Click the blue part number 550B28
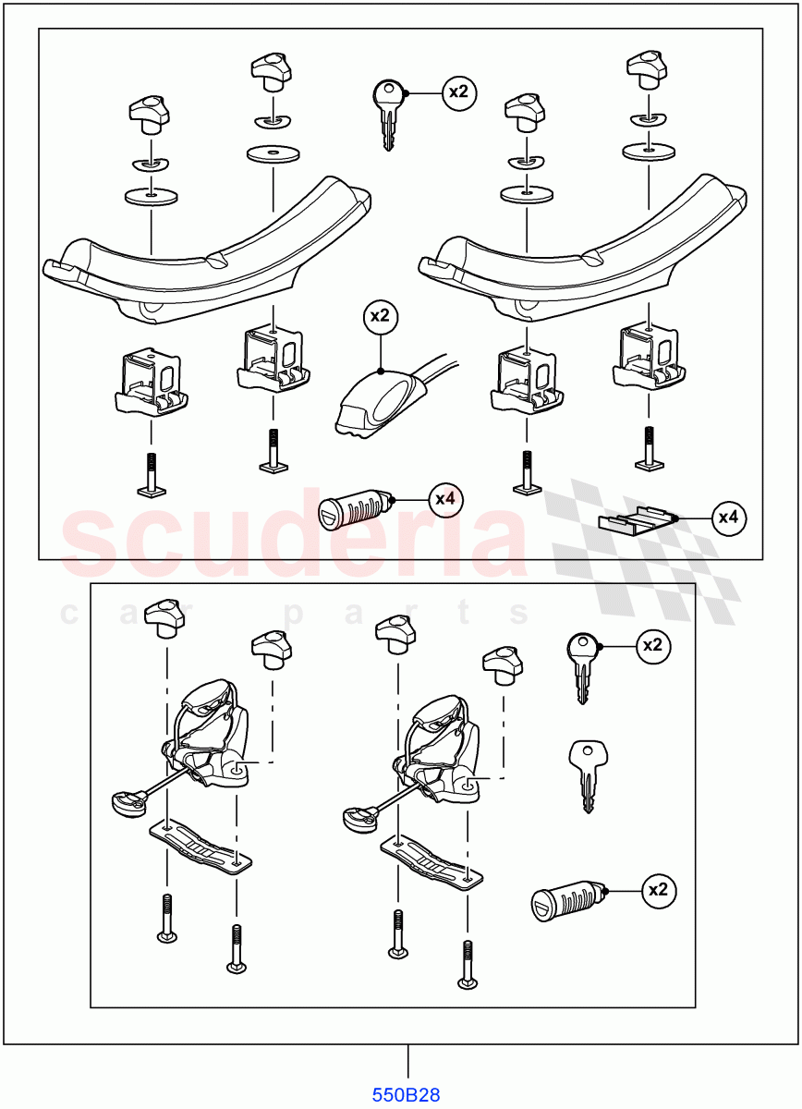point(407,1095)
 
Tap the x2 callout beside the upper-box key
point(459,92)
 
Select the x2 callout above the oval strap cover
point(380,316)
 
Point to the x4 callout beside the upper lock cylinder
point(445,499)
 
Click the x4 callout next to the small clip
point(729,518)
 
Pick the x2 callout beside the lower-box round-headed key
point(653,646)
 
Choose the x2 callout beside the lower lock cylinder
point(658,890)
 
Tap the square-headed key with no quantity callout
point(585,774)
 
